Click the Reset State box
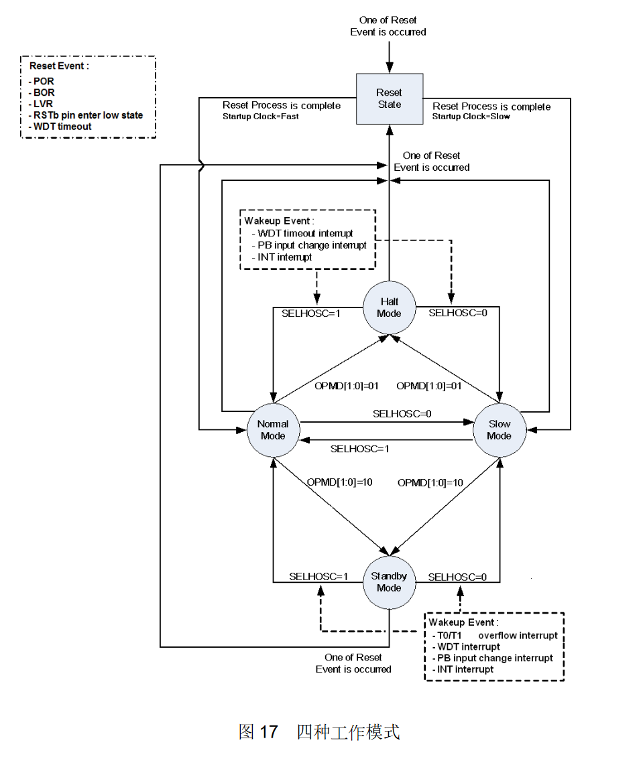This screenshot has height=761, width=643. tap(390, 98)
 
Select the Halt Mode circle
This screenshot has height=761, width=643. tap(389, 307)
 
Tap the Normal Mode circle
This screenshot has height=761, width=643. tap(273, 430)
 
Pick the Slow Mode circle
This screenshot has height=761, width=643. tap(500, 430)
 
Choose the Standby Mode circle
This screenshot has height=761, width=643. tap(389, 582)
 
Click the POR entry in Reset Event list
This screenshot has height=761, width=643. tap(42, 81)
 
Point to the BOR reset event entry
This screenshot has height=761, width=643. tap(42, 92)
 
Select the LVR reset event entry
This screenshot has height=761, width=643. tap(41, 103)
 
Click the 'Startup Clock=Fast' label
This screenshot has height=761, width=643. tap(260, 117)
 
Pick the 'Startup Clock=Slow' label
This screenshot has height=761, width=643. tap(471, 117)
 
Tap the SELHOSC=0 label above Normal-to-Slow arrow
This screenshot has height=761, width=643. tap(402, 413)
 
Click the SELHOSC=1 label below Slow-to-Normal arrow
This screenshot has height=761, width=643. tap(360, 449)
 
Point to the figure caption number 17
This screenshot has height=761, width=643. tap(269, 732)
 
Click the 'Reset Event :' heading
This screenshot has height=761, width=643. tap(59, 66)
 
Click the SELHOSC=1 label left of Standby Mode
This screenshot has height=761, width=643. tap(318, 577)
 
